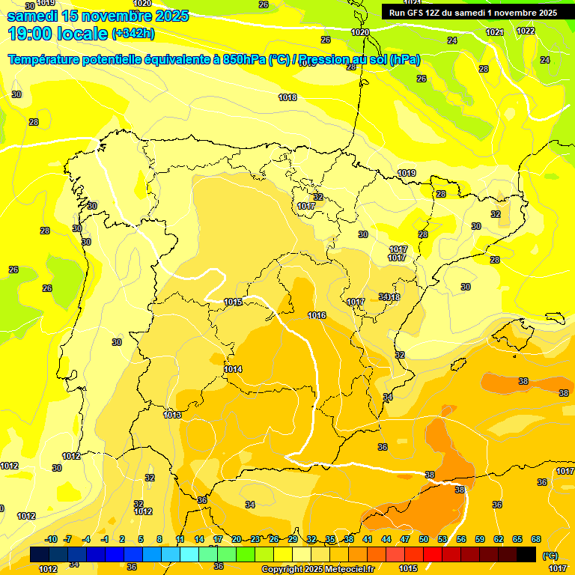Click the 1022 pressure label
point(526,31)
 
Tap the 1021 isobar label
point(494,32)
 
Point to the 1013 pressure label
point(172,415)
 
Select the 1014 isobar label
point(233,369)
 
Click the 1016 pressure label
point(317,315)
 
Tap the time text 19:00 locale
point(57,33)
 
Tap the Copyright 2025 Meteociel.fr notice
point(317,569)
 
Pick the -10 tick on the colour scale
point(51,539)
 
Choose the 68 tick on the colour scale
point(536,539)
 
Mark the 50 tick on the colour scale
point(424,539)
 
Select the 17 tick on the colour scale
point(218,539)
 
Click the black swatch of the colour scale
point(526,554)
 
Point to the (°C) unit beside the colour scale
point(551,555)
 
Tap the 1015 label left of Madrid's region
point(233,302)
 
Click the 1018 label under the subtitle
point(287,97)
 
